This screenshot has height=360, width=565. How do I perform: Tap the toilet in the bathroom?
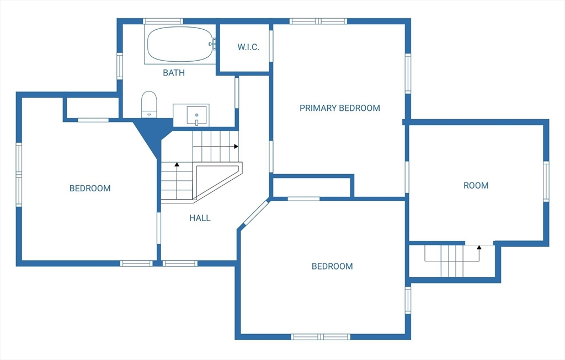149,104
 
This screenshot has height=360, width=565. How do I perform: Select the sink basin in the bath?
197,115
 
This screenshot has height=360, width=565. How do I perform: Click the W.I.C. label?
248,47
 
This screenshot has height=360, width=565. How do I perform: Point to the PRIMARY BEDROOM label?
340,108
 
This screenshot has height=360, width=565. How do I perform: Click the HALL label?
200,218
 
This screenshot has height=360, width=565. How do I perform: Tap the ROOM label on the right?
476,185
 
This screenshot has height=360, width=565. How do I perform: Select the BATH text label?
174,73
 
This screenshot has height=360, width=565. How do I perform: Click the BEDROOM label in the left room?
90,189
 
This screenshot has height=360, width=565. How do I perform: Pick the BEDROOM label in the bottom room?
332,266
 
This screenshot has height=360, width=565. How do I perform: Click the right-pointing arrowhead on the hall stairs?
236,147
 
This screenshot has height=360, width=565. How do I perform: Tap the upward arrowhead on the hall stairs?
177,164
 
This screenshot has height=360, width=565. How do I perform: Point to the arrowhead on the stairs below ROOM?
479,248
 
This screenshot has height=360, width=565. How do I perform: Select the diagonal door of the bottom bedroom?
255,214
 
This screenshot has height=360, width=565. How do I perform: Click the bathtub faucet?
212,44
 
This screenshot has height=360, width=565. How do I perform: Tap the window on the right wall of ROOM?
546,181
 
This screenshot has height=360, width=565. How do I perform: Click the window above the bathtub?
163,21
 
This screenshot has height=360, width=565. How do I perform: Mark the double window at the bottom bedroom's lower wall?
321,337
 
